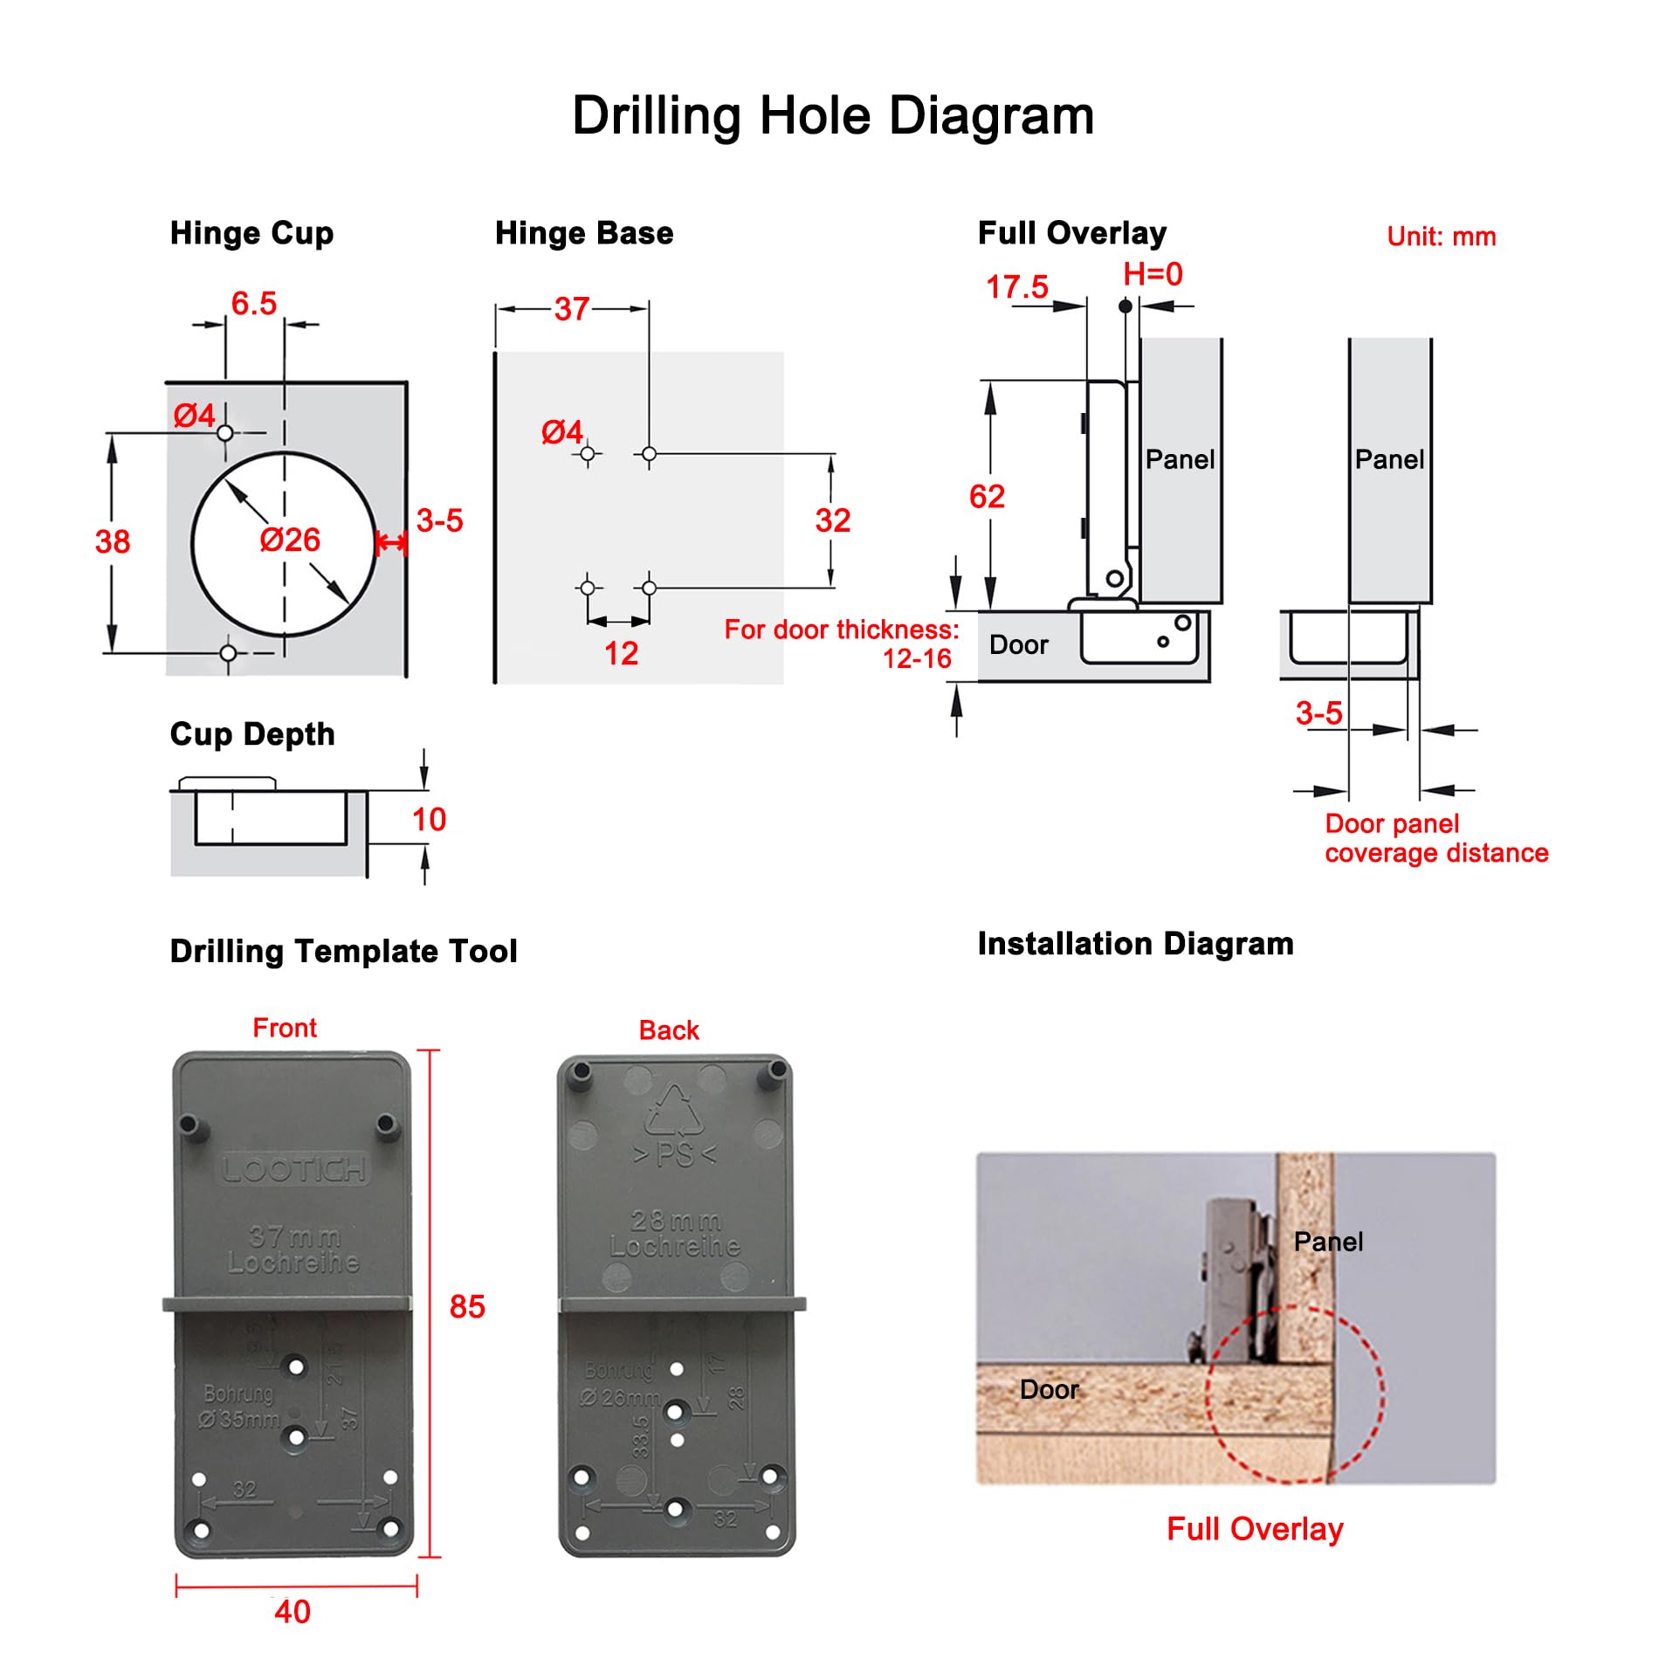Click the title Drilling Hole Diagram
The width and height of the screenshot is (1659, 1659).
pos(832,115)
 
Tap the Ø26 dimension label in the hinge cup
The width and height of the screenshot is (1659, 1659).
pos(290,540)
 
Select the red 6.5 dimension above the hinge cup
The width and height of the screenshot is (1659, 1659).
pos(253,304)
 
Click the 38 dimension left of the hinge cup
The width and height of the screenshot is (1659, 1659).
pos(113,542)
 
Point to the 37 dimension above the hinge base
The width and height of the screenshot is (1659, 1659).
pos(572,309)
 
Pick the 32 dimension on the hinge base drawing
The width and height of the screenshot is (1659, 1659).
pos(832,521)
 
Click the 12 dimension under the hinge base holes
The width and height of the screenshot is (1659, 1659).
pos(621,654)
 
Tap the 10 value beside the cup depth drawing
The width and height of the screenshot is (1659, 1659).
pos(429,820)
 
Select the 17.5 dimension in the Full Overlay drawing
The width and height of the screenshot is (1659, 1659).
pos(1016,287)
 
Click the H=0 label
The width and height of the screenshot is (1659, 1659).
pos(1153,274)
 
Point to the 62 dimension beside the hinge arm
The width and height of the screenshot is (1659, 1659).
pos(987,497)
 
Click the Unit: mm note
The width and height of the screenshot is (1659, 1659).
pos(1441,237)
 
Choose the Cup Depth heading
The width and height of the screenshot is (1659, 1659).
pos(252,734)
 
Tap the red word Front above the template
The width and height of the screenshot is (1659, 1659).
pos(285,1028)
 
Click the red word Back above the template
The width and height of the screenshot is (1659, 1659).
pos(669,1030)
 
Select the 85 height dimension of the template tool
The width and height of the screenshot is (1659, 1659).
pos(467,1307)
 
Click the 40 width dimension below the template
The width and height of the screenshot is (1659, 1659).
pos(293,1612)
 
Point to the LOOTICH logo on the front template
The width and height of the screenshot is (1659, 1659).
pos(293,1169)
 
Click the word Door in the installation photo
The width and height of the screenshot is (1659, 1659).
pos(1049,1389)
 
